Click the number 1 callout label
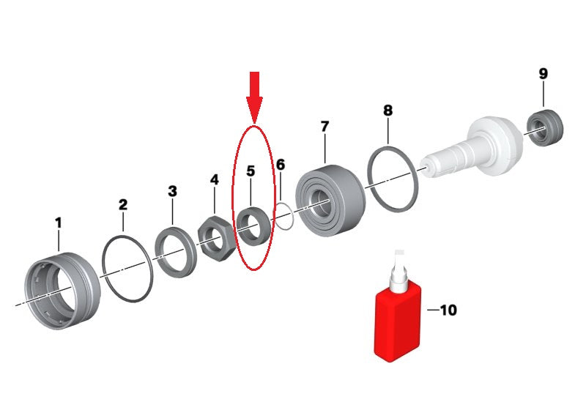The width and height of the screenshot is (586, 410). [x=58, y=223]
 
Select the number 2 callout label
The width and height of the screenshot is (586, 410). [x=123, y=204]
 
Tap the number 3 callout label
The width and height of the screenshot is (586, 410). [x=172, y=192]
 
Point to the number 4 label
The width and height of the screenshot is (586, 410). [x=214, y=180]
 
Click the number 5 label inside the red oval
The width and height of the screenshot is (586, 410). [x=251, y=171]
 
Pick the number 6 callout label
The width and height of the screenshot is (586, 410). [x=281, y=165]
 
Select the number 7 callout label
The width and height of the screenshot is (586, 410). [x=324, y=127]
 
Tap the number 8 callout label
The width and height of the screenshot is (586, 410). [x=388, y=110]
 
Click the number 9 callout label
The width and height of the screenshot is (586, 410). [x=543, y=73]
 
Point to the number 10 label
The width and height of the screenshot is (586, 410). [x=448, y=310]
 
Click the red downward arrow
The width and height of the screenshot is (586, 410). [x=254, y=97]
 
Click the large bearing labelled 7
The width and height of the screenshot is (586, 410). [x=330, y=201]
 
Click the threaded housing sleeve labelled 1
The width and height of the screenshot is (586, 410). [x=62, y=291]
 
